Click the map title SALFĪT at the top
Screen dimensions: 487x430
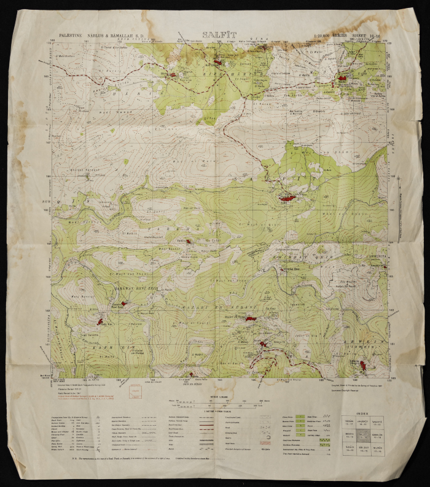(x=219, y=36)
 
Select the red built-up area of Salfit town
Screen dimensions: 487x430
(x=287, y=198)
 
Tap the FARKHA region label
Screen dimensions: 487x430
(x=184, y=225)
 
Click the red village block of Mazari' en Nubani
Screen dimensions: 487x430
(x=249, y=319)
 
